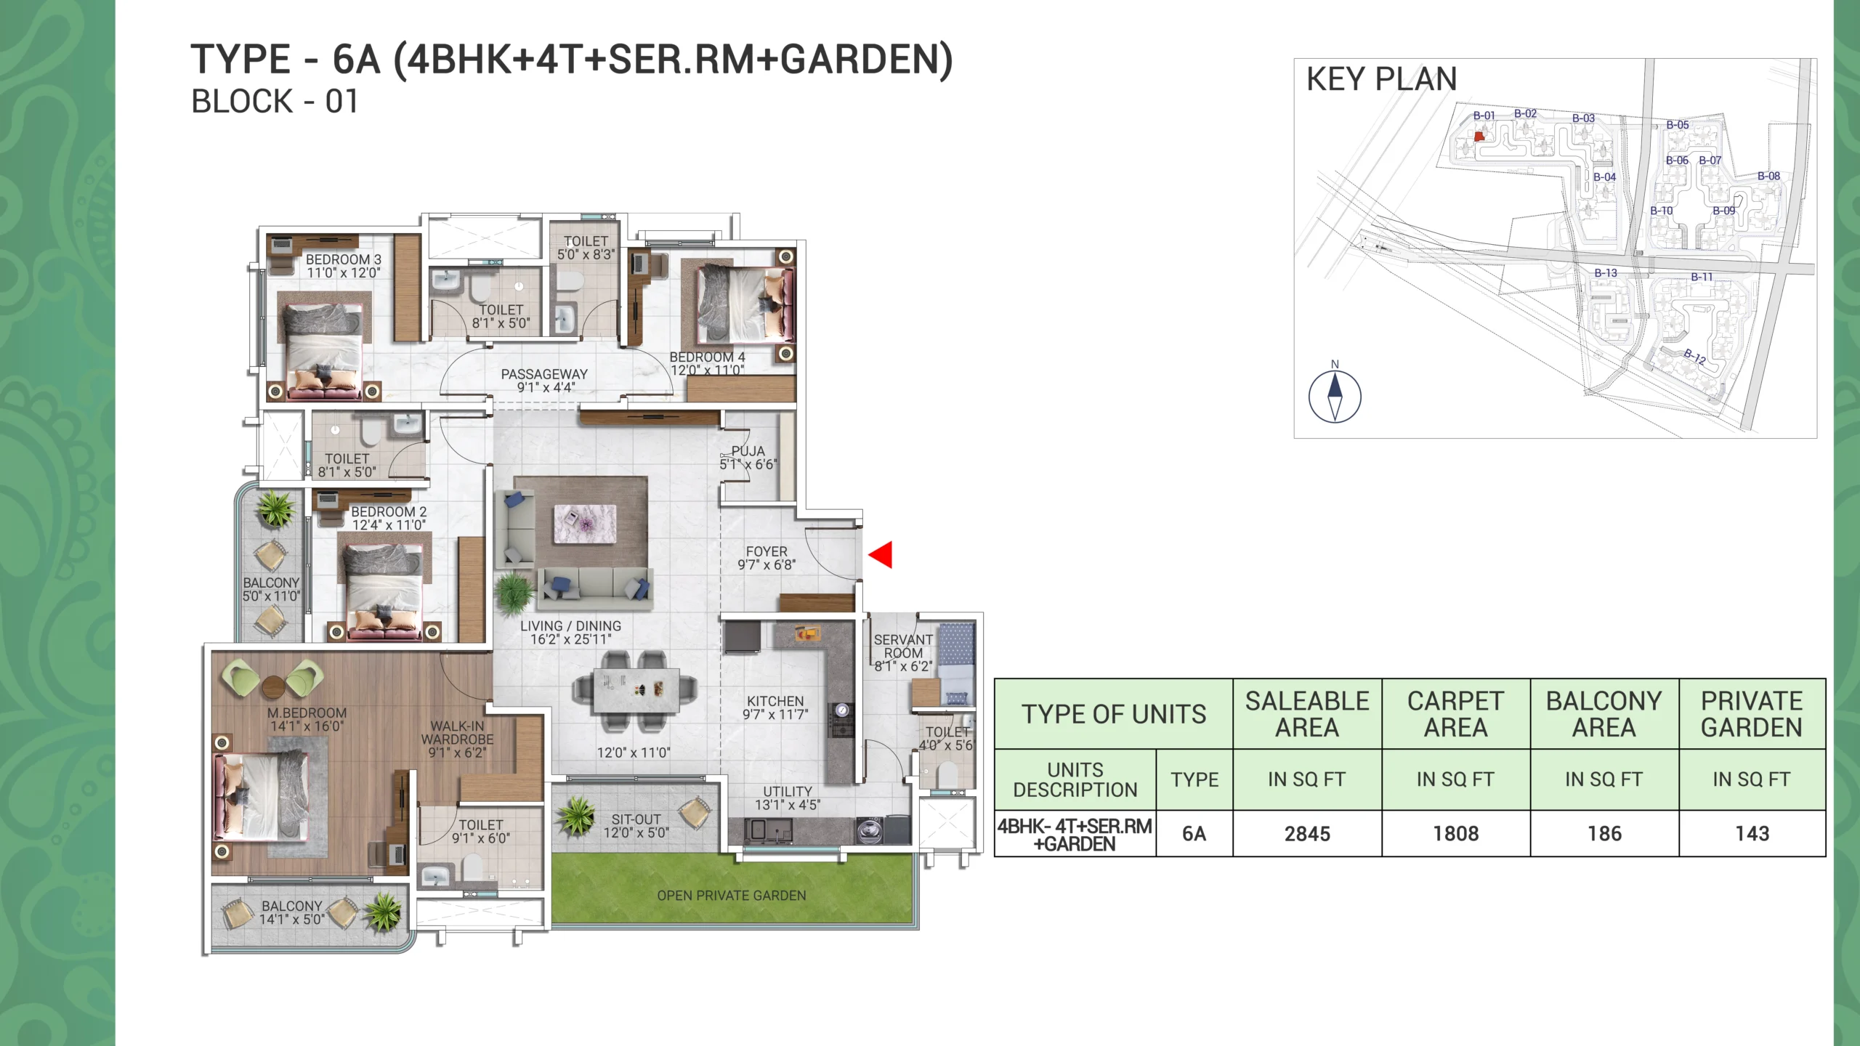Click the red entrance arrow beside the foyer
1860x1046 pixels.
881,554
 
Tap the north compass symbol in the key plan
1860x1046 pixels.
1335,397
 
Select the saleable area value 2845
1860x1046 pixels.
1307,834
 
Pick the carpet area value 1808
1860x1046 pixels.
1455,834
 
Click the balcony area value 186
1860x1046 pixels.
1604,834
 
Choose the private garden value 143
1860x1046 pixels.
1752,834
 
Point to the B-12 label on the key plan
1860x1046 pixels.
1694,356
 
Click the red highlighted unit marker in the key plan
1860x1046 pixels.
1479,136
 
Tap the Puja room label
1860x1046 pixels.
748,451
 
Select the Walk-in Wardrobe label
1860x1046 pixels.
457,733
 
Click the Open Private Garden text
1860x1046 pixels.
732,896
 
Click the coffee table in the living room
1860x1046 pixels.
585,524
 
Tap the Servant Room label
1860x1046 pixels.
903,646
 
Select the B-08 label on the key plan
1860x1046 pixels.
1768,176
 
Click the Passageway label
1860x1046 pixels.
544,374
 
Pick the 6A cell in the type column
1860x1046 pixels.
1194,834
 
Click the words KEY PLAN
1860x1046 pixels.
1381,79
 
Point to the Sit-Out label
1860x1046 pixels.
636,819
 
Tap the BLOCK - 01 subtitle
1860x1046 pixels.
275,102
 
